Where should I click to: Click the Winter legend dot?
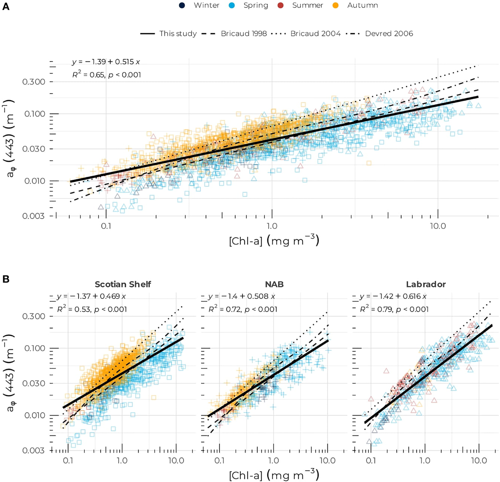click(182, 5)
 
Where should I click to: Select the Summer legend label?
click(307, 5)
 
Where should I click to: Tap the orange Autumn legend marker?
click(336, 5)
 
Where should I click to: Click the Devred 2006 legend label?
click(389, 34)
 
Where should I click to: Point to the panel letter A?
click(6, 7)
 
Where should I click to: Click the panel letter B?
click(6, 279)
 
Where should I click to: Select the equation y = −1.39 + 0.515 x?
click(106, 62)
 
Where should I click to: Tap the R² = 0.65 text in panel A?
click(106, 75)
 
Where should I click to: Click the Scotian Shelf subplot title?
click(123, 284)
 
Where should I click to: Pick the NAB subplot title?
click(274, 284)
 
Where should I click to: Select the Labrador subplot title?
click(426, 284)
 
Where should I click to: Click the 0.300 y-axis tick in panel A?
click(34, 82)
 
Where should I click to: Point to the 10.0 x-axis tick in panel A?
click(438, 226)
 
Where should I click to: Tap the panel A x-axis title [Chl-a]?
click(274, 241)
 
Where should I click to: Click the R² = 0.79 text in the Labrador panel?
click(394, 309)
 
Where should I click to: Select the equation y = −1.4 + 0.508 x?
click(242, 296)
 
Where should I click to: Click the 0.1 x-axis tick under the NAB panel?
click(219, 460)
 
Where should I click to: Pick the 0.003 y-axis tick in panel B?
click(34, 451)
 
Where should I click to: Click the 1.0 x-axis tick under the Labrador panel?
click(425, 460)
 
